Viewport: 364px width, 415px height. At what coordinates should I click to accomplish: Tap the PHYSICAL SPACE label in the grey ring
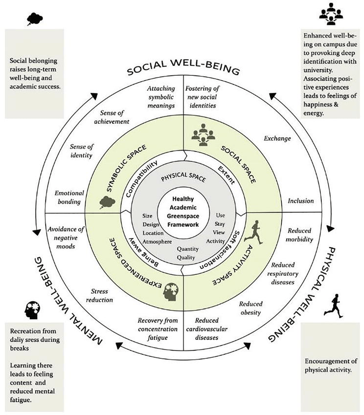tap(182, 179)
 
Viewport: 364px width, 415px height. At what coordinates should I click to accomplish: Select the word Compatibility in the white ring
tap(142, 178)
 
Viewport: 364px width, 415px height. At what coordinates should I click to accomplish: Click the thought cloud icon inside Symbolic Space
tap(106, 201)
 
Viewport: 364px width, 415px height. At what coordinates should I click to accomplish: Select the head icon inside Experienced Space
tap(176, 287)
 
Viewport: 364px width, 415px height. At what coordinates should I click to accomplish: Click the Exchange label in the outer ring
tap(277, 138)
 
